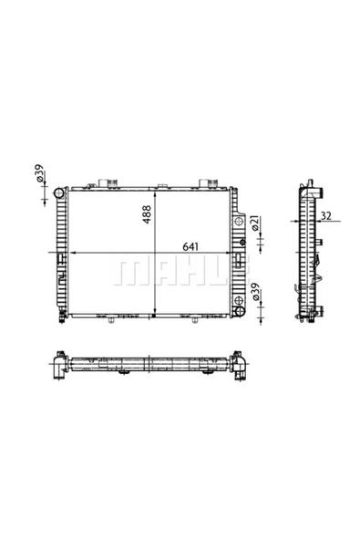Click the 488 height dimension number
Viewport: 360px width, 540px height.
147,214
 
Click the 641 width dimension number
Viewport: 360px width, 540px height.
190,246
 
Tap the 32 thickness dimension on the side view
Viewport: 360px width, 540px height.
325,215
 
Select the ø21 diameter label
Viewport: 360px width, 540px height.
255,223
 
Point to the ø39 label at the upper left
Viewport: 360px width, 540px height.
39,173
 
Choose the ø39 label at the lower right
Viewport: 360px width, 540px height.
255,292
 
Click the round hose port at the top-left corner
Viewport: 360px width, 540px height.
59,192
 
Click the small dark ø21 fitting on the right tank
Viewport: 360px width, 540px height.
242,243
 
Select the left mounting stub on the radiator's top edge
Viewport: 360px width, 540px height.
108,183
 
